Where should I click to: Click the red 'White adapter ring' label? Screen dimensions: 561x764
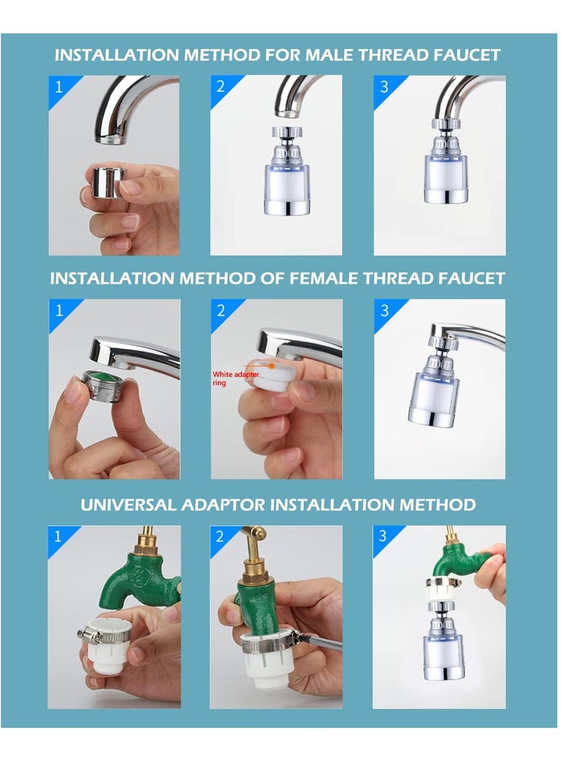(x=236, y=378)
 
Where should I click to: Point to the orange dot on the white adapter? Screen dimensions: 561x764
(x=271, y=366)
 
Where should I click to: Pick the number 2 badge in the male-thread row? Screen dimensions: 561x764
(x=221, y=87)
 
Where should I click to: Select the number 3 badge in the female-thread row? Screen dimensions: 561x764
(x=385, y=310)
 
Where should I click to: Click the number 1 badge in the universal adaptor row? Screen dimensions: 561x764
(x=58, y=536)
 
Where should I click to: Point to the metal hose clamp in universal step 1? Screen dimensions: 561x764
(x=103, y=636)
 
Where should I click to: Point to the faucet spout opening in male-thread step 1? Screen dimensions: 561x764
(x=111, y=140)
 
